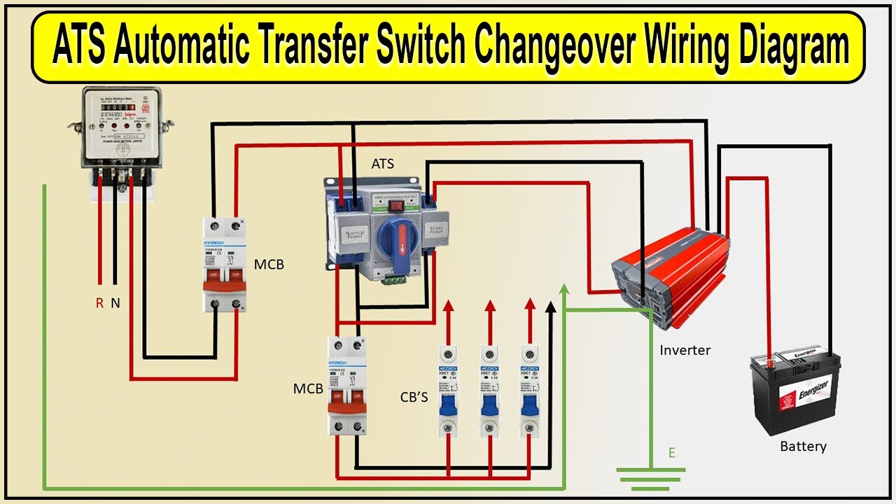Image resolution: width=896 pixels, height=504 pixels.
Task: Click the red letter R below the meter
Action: coord(100,303)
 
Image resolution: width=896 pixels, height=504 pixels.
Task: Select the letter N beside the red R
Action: coord(115,303)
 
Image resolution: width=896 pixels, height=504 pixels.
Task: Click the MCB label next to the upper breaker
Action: coord(269,265)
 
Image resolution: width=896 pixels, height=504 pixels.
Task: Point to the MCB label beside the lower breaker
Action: coord(308,388)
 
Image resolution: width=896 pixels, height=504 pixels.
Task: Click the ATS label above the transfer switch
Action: coord(382,164)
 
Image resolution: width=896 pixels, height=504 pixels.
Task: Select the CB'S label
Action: coord(414,398)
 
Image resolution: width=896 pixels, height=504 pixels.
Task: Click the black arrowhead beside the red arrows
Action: coord(551,307)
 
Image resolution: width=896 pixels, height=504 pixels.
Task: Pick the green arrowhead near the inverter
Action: coord(565,290)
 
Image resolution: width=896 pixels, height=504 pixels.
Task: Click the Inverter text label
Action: coord(685,350)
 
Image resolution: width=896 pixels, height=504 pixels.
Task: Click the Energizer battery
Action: coord(795,392)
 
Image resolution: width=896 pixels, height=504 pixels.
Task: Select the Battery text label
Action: coord(803,446)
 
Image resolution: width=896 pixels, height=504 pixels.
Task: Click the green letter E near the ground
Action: coord(671,453)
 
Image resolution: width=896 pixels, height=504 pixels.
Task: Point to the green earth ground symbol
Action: coord(650,477)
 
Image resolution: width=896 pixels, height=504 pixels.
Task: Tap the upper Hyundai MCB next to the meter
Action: coord(227,264)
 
